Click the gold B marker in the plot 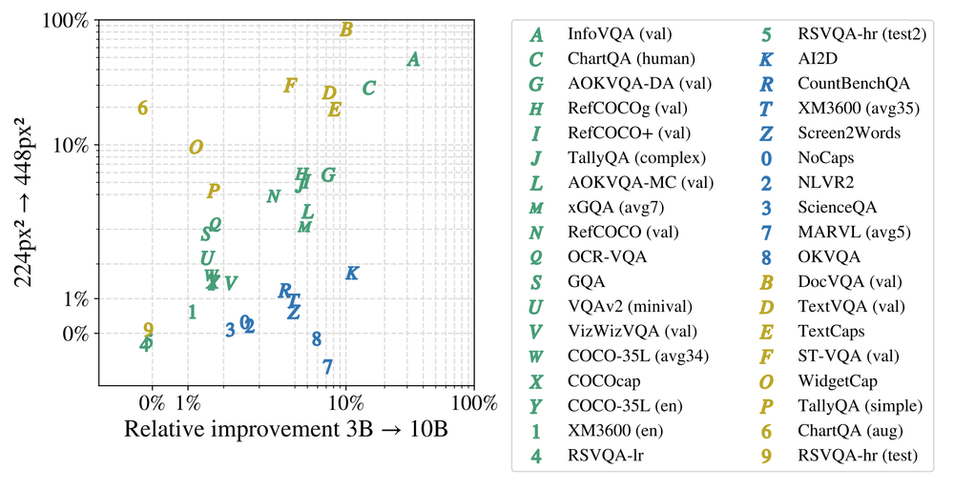point(346,30)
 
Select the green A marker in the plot point(413,59)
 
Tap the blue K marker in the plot point(351,274)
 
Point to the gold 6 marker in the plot point(142,108)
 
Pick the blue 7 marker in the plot point(327,367)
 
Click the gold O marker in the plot point(196,148)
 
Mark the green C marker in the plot point(368,89)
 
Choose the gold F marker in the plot point(290,86)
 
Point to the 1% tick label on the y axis point(73,299)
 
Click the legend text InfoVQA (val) point(619,34)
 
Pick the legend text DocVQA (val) point(850,282)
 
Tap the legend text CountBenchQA point(854,84)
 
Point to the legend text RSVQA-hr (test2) point(861,34)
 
